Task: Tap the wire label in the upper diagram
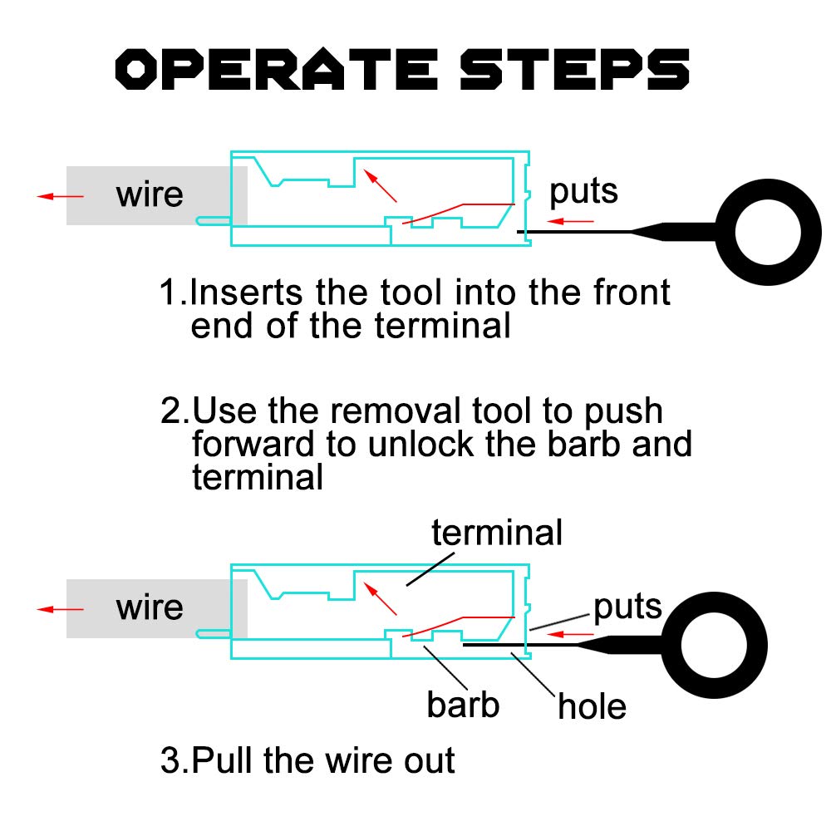pyautogui.click(x=150, y=195)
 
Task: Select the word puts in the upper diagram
pyautogui.click(x=584, y=191)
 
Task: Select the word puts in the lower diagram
pyautogui.click(x=627, y=607)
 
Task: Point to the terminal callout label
pyautogui.click(x=497, y=532)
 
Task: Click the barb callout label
pyautogui.click(x=463, y=705)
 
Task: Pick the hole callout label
pyautogui.click(x=592, y=706)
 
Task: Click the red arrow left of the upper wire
pyautogui.click(x=61, y=196)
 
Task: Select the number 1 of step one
pyautogui.click(x=170, y=293)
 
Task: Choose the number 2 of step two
pyautogui.click(x=170, y=411)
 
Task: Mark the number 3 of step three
pyautogui.click(x=170, y=761)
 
